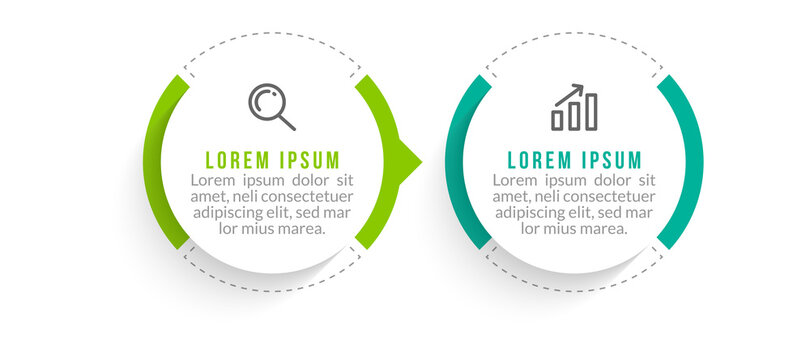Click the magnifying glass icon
click(271, 105)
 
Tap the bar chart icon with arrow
click(574, 108)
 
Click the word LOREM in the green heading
click(237, 160)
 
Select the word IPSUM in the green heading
click(307, 160)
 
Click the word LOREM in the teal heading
click(540, 160)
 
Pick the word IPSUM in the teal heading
click(610, 160)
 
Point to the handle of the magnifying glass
click(286, 122)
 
